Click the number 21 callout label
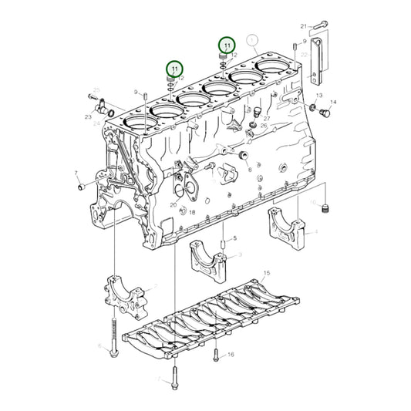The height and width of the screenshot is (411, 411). pyautogui.click(x=304, y=25)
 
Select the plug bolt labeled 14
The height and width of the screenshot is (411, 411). pyautogui.click(x=323, y=114)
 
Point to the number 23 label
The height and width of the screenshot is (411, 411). pyautogui.click(x=88, y=117)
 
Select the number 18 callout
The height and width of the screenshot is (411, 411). pyautogui.click(x=192, y=212)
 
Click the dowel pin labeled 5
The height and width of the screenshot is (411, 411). pyautogui.click(x=224, y=248)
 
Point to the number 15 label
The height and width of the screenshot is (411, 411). pyautogui.click(x=267, y=274)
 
